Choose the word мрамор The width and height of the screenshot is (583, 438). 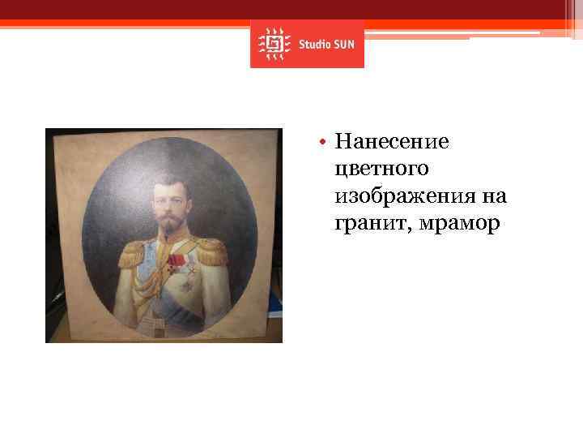pos(456,223)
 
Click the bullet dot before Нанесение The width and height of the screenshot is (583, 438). pos(321,144)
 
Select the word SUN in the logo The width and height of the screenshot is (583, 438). pos(343,44)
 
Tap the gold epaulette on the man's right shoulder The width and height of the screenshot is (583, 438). pos(131,251)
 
